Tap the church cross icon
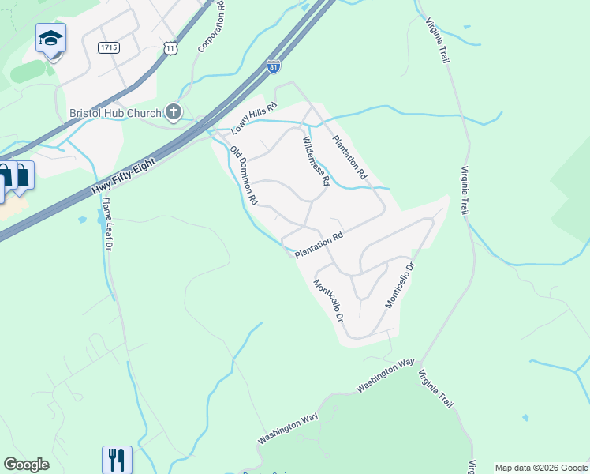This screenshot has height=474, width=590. coord(174,113)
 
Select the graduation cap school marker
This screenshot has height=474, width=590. coord(50,38)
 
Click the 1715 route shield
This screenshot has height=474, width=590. coord(109,47)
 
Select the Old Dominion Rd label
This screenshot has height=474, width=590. coord(245,175)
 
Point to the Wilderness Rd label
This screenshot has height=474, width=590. coord(316,160)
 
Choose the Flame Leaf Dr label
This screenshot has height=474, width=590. coord(107,224)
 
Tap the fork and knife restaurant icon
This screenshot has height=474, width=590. coord(117,459)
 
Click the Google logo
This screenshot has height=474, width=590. coord(26,465)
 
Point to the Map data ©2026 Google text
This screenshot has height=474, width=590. coord(542,468)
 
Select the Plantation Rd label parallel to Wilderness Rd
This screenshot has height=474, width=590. coord(349,156)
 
